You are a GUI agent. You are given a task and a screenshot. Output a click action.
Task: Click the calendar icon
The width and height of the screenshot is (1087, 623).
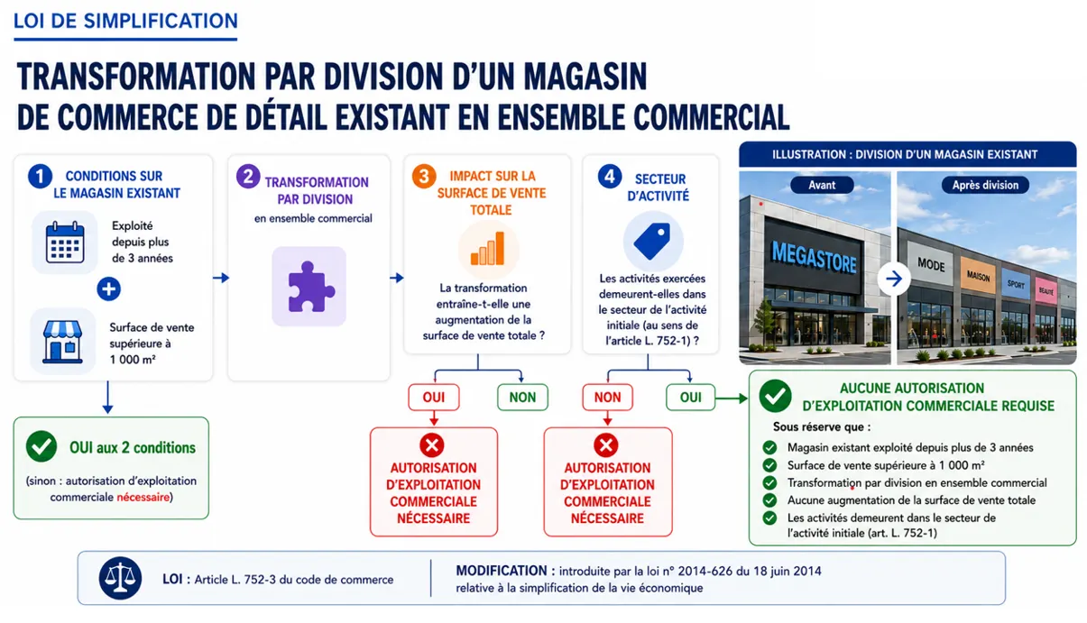tap(65, 242)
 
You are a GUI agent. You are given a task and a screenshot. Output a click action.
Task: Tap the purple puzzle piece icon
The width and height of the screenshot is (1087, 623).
tap(309, 286)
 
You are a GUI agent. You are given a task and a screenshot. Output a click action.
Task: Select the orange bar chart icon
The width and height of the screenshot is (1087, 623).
tap(488, 249)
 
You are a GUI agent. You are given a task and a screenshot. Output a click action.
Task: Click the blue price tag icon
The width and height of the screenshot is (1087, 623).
tap(652, 241)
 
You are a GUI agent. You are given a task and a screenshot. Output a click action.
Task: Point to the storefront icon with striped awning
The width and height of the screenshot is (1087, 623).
tap(62, 342)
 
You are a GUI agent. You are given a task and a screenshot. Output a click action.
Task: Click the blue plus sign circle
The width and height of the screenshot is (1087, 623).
tap(108, 289)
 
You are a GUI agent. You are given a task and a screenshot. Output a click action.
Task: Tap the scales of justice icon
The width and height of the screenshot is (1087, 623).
tap(120, 577)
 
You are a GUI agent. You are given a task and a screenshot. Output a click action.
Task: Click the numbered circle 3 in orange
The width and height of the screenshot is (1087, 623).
tap(424, 176)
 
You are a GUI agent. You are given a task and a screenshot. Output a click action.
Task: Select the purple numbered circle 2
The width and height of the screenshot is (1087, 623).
tap(248, 177)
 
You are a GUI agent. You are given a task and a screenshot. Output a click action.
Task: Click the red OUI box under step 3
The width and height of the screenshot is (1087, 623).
tap(434, 397)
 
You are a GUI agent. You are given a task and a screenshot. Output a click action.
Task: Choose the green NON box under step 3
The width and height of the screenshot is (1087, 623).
tap(522, 397)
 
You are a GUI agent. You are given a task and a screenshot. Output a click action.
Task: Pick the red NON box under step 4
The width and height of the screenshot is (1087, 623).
tap(608, 397)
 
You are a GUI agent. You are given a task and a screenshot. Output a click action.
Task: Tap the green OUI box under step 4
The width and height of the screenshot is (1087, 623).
tap(690, 397)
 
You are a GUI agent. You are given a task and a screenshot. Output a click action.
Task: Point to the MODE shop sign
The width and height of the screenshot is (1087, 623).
tap(931, 265)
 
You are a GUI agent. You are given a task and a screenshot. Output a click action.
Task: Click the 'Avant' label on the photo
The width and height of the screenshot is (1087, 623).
tap(822, 185)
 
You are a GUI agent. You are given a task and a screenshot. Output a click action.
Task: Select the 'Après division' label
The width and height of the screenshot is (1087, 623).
tap(985, 185)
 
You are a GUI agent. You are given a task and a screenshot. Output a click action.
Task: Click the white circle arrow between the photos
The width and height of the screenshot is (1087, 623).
tap(894, 279)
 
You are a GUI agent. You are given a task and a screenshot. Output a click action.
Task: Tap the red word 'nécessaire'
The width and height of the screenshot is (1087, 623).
tap(143, 497)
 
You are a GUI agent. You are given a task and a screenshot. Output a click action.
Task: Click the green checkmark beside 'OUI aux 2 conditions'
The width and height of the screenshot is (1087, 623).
tap(41, 446)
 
